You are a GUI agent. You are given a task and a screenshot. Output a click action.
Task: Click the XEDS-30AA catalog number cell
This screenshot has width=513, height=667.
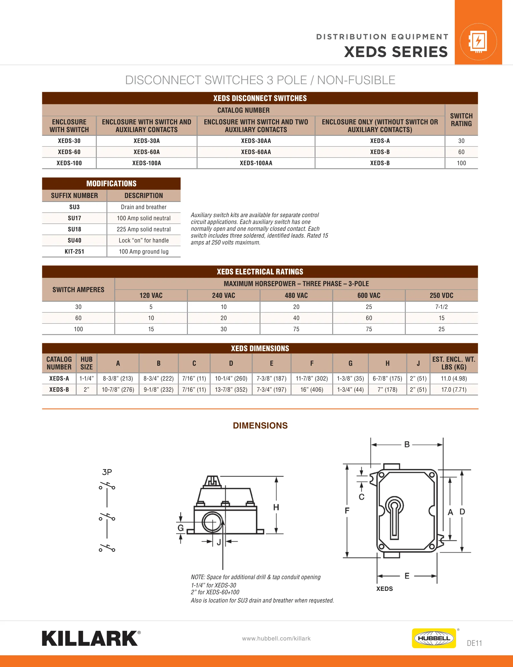pyautogui.click(x=256, y=141)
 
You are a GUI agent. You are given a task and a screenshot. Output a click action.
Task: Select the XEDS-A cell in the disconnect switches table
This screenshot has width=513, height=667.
pyautogui.click(x=380, y=141)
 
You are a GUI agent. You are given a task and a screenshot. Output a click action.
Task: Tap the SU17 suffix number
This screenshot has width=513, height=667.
pyautogui.click(x=74, y=218)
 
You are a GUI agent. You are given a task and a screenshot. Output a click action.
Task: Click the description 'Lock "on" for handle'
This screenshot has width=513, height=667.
pyautogui.click(x=144, y=240)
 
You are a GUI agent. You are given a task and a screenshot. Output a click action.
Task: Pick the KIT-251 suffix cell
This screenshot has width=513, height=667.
pyautogui.click(x=74, y=251)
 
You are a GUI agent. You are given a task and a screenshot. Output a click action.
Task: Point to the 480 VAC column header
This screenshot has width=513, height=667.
pyautogui.click(x=296, y=295)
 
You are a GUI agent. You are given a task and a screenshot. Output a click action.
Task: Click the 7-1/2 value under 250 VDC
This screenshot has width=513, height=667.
pyautogui.click(x=441, y=307)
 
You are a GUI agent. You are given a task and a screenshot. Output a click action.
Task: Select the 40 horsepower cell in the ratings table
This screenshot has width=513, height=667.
pyautogui.click(x=296, y=318)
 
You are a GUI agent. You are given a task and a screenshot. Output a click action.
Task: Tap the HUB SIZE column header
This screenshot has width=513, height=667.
pyautogui.click(x=86, y=363)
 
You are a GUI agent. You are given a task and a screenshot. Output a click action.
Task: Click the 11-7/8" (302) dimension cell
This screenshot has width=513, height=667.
pyautogui.click(x=312, y=378)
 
